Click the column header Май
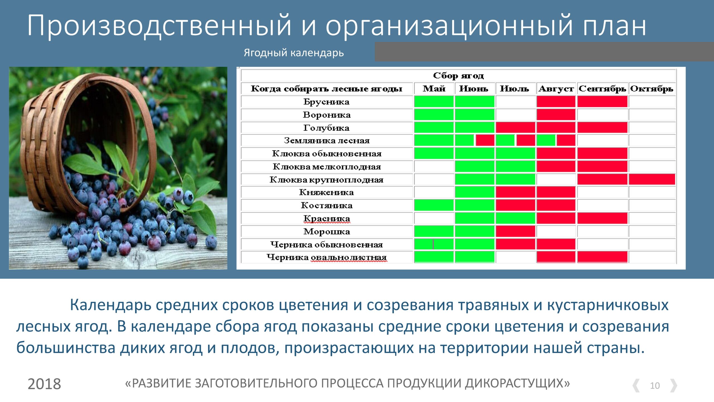434,88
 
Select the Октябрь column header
652,88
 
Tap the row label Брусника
326,102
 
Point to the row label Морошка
327,231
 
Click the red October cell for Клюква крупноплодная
652,179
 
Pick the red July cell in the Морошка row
515,231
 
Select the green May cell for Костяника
434,205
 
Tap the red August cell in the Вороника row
556,114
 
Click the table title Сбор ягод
458,76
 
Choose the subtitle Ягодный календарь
294,53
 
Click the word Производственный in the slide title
159,26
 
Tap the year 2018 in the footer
44,384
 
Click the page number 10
655,386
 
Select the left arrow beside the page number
636,386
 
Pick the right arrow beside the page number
674,386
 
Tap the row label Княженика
326,192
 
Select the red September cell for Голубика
602,127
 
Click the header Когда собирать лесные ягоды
326,89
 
